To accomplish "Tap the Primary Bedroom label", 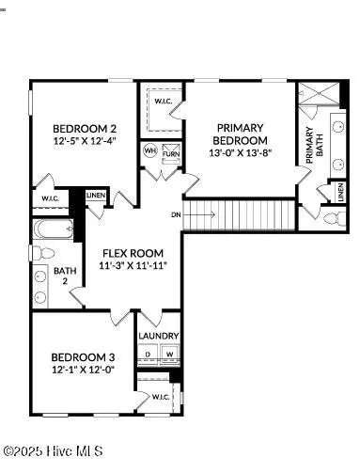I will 240,134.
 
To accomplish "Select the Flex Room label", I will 133,254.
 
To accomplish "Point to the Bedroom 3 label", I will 83,357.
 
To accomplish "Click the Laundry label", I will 159,336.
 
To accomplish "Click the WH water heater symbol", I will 150,150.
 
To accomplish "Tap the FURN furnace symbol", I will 171,153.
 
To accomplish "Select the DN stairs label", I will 176,215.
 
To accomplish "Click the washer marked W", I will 170,355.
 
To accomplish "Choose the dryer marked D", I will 149,355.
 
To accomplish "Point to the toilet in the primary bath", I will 331,219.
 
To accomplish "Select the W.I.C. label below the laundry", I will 161,398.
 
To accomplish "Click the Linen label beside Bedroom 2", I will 96,196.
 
